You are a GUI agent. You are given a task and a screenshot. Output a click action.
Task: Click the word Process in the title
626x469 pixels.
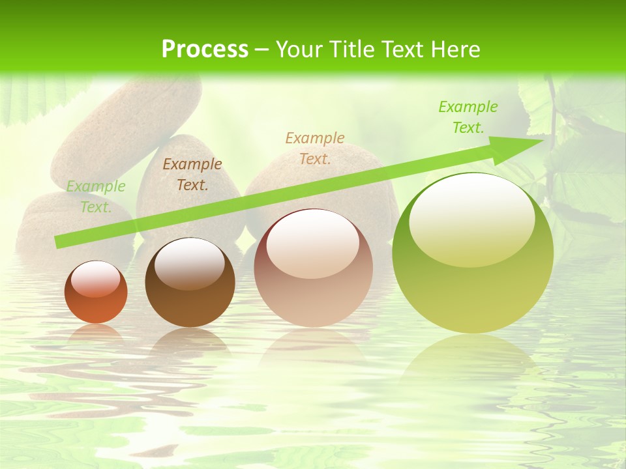(205, 50)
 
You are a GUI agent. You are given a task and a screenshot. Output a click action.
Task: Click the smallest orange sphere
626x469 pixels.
(96, 292)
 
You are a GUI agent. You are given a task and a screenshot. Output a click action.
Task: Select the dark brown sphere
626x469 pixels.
(190, 283)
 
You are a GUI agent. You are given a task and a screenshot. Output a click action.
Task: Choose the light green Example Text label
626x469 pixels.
(96, 197)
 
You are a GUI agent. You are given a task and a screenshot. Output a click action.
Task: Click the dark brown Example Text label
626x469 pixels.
(192, 175)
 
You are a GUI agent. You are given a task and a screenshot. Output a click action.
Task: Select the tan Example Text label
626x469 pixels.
(315, 148)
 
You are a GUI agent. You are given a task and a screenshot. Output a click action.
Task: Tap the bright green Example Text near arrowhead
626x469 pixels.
(468, 117)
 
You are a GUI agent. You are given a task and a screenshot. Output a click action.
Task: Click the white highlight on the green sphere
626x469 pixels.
(471, 218)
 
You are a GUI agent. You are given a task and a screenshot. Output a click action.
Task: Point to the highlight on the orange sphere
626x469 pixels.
(96, 278)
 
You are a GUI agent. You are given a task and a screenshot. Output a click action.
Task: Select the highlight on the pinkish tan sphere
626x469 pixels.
(312, 242)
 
